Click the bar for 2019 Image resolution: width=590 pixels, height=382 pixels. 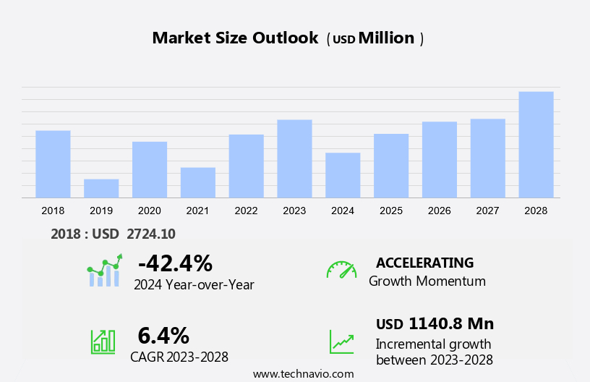point(101,188)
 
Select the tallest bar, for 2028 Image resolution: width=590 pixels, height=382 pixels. point(536,145)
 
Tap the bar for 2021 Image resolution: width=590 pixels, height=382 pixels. point(198,182)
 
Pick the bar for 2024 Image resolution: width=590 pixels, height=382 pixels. point(343,175)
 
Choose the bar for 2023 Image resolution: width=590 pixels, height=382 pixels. point(294,158)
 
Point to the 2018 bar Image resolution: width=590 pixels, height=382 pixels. point(53,164)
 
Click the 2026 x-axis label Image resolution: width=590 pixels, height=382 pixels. point(439,211)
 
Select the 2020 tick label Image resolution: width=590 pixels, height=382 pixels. point(149,211)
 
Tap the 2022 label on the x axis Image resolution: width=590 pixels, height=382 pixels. point(246,211)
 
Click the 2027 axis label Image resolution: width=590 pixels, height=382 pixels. point(487,211)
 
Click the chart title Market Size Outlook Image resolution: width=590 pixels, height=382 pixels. point(235,38)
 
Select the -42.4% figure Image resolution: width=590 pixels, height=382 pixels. point(174,263)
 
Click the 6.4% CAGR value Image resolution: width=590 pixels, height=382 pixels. point(163,336)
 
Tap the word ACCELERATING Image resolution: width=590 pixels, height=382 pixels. point(424,263)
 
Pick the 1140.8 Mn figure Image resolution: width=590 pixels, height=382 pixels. point(450,323)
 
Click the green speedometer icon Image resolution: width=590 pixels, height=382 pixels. point(341,270)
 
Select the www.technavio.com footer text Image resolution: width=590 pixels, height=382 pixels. point(303,374)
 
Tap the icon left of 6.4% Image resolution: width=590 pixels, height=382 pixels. point(103,341)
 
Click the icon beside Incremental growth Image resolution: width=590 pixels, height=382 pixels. point(341,341)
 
